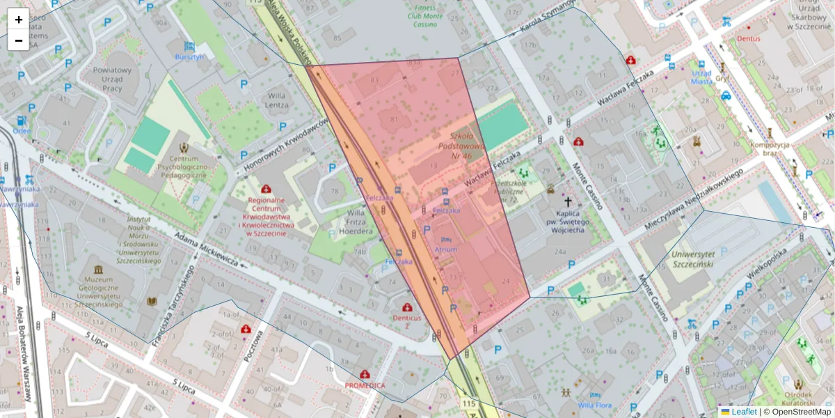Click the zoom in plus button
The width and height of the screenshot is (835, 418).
click(x=19, y=20)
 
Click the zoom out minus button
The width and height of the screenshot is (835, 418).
click(x=19, y=40)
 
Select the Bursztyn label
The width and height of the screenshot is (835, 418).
click(x=189, y=57)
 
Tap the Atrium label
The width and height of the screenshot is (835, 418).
click(x=446, y=249)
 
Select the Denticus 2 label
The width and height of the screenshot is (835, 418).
click(x=407, y=321)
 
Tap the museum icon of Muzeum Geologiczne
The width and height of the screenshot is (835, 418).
click(x=98, y=269)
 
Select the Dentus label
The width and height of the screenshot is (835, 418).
click(x=749, y=39)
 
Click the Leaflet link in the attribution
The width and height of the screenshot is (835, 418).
click(x=743, y=412)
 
